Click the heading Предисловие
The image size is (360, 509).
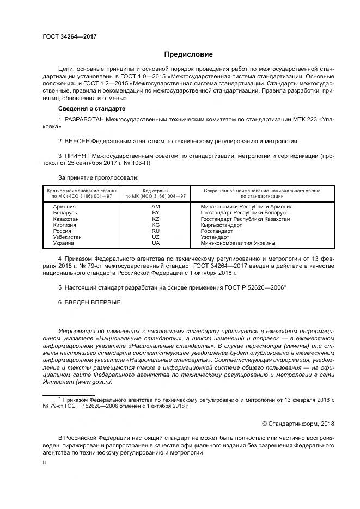[188, 54]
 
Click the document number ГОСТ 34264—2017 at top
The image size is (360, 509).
[70, 36]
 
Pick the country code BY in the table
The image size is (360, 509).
[155, 213]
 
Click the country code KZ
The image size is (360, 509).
[155, 219]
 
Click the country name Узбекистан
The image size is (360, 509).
[67, 237]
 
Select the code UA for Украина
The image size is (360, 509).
[155, 243]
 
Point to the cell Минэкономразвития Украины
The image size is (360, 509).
[238, 243]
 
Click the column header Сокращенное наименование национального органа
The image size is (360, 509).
[262, 193]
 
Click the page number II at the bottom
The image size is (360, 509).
[44, 462]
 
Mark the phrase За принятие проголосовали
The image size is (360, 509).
[98, 177]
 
